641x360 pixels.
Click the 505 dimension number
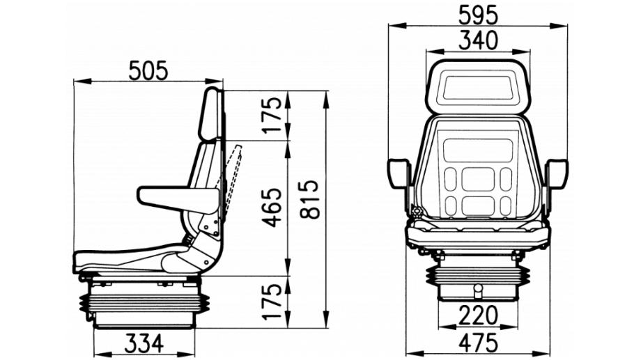148,70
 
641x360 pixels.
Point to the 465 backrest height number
272,208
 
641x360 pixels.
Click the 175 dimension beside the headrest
272,115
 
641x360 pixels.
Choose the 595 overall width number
478,15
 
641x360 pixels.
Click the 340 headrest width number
478,40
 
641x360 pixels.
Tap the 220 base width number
478,315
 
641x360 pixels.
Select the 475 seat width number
478,343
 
